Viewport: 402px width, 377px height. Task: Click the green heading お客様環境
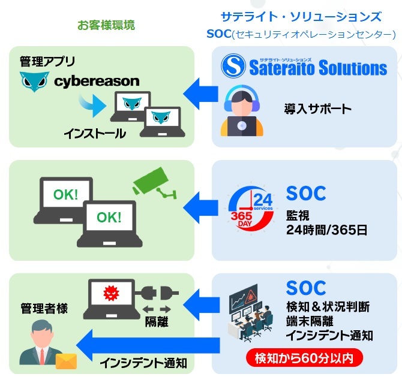[106, 25]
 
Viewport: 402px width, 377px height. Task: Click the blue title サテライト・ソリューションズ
[301, 17]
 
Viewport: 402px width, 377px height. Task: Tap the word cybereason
[97, 81]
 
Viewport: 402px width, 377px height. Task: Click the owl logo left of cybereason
[34, 82]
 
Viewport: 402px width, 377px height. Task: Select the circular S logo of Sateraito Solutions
[233, 66]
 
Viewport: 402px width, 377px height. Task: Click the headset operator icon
[242, 111]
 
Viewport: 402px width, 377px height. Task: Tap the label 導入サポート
[317, 109]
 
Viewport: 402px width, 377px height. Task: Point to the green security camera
[154, 183]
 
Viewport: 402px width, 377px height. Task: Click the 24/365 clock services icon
[251, 209]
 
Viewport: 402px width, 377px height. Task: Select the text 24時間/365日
[326, 230]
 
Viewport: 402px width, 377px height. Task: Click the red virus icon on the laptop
[111, 292]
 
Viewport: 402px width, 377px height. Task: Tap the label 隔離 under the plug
[157, 322]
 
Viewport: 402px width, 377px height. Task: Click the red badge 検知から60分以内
[304, 358]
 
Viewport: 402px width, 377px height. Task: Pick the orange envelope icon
[67, 361]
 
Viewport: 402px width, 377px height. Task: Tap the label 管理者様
[44, 309]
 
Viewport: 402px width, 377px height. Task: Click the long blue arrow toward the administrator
[148, 345]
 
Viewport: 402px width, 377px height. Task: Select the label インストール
[95, 134]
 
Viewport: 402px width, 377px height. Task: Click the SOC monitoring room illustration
[250, 313]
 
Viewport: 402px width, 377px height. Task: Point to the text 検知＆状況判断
[328, 307]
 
